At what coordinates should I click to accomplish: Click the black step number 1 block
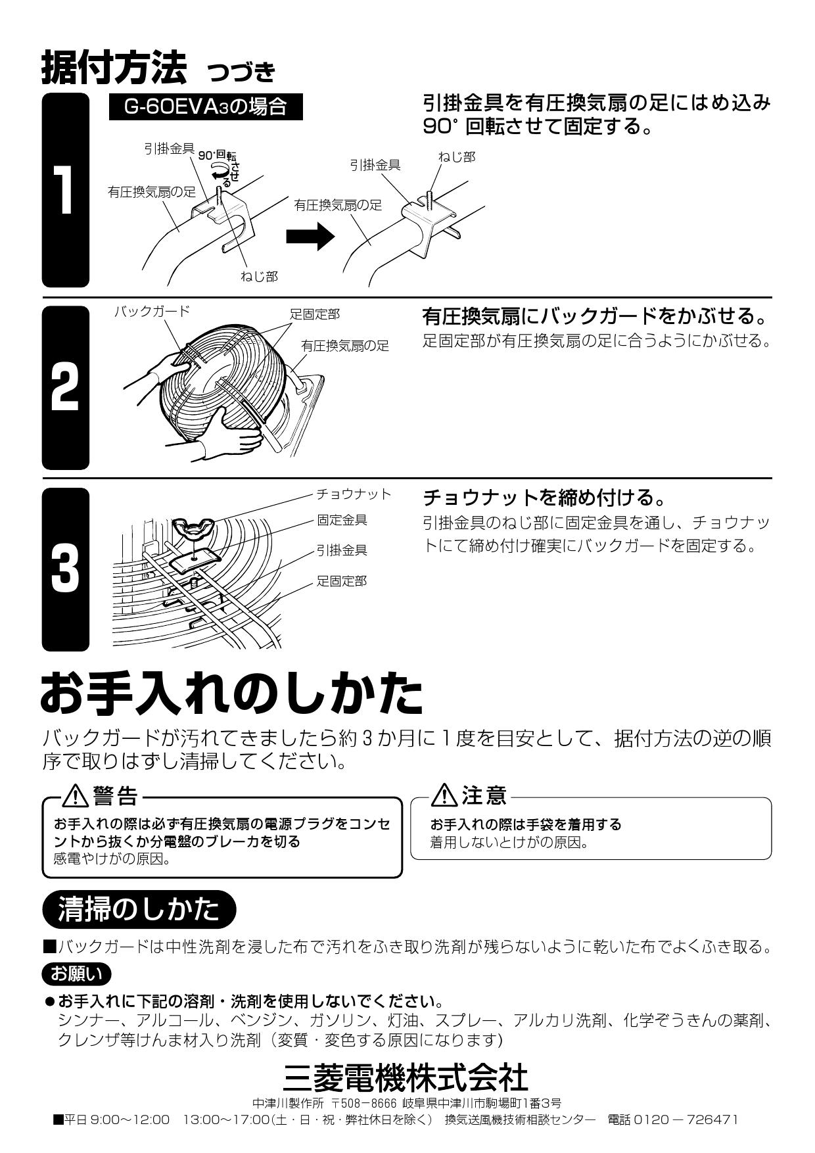coord(66,191)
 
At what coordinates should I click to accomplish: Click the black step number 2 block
coord(66,388)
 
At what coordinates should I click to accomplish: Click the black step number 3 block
coord(66,569)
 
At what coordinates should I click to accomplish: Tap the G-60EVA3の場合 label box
coord(206,107)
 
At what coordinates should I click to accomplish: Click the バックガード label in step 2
coord(152,311)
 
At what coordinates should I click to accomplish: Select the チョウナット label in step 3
coord(354,494)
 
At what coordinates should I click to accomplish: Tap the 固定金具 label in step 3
coord(342,520)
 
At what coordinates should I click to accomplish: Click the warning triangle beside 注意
coord(445,796)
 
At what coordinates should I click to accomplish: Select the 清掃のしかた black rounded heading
coord(139,909)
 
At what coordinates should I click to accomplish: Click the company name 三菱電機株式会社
coord(406,1077)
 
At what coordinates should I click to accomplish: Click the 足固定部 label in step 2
coord(315,314)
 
